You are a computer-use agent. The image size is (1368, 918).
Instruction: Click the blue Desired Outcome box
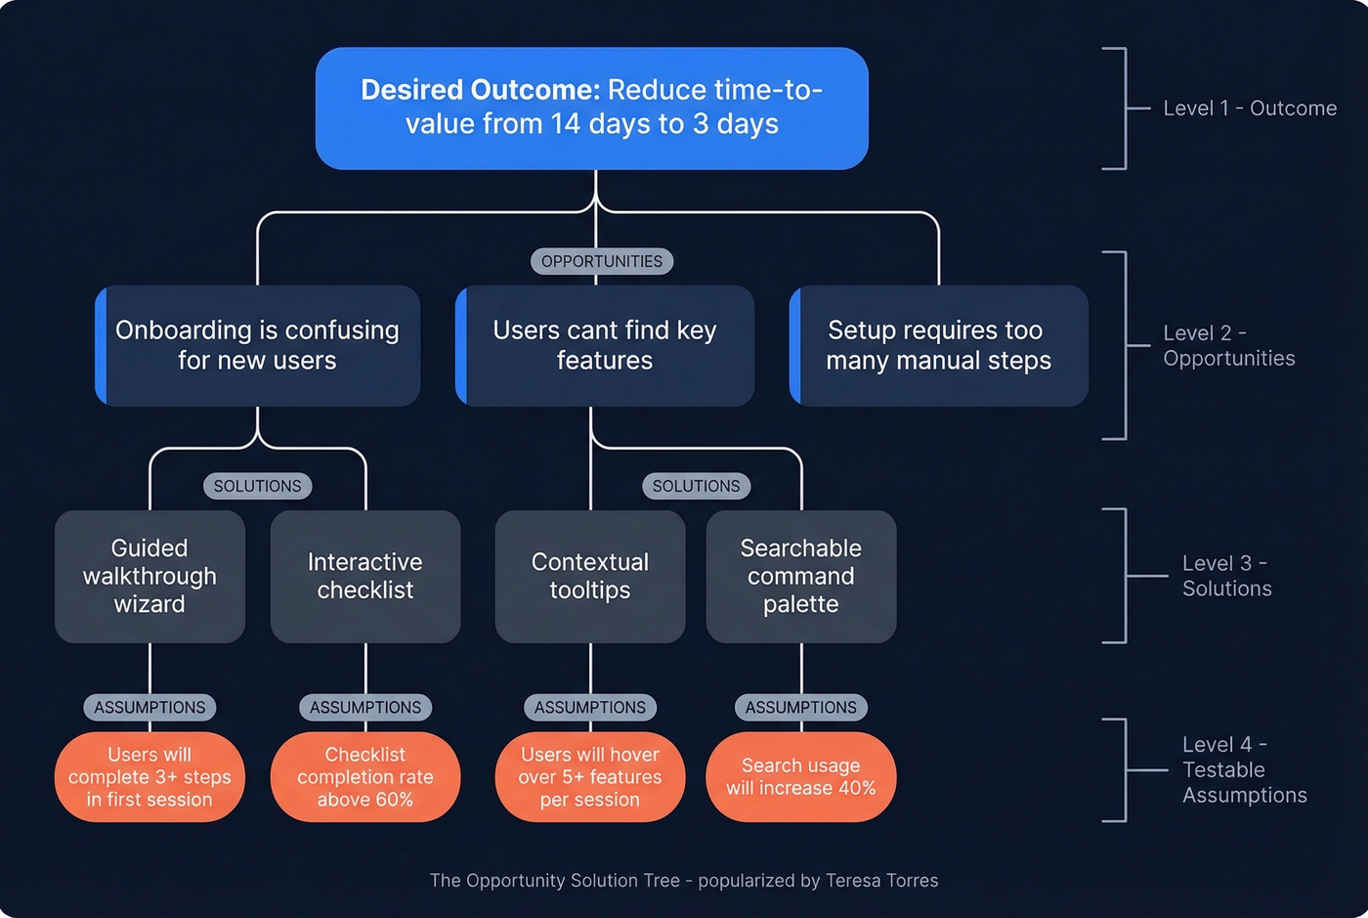[591, 108]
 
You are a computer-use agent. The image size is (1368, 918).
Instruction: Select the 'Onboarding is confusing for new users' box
[257, 345]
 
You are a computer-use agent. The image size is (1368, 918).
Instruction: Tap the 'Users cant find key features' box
[604, 345]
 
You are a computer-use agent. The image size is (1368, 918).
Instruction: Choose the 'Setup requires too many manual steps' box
[938, 345]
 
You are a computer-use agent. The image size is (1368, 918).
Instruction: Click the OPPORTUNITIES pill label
[602, 261]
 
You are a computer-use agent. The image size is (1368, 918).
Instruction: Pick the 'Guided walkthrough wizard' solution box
[150, 576]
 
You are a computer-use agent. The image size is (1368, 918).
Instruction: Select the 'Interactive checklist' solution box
[365, 576]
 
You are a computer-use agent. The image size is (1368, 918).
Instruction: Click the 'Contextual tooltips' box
[590, 576]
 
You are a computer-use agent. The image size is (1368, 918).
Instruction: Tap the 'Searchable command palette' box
[801, 576]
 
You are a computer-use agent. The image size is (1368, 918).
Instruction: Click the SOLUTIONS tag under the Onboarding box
[257, 486]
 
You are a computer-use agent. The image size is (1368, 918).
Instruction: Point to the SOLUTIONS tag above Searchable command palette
[696, 486]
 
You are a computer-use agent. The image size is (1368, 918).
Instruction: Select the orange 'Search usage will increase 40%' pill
[801, 777]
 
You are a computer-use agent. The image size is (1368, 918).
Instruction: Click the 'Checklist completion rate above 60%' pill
[365, 777]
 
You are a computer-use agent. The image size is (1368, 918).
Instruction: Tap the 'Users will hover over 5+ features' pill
[590, 777]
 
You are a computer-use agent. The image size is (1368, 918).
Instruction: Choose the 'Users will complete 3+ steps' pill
[150, 777]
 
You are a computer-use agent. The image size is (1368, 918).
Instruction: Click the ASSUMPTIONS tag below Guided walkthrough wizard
[150, 707]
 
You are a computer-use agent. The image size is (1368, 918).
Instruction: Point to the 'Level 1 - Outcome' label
[1249, 109]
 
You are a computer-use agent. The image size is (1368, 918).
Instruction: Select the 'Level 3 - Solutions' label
[1226, 576]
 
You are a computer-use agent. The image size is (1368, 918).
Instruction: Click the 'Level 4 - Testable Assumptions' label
[1243, 769]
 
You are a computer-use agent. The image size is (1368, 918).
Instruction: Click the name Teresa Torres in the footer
[881, 880]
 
